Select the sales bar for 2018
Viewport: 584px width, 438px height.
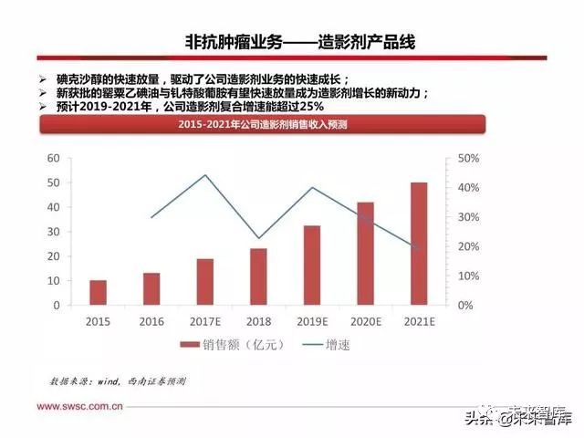[x=258, y=276]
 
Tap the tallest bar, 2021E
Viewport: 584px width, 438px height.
[x=419, y=244]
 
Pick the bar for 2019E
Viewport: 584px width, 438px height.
[x=312, y=265]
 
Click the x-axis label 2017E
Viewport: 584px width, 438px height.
[x=205, y=321]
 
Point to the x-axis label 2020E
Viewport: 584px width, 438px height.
[x=365, y=321]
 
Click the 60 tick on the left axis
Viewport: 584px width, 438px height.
[x=53, y=159]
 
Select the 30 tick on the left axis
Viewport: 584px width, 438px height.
[x=53, y=232]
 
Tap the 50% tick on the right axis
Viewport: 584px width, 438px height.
[x=468, y=159]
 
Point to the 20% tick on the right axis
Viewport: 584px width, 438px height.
[x=468, y=246]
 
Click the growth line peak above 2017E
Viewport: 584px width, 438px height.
[x=205, y=175]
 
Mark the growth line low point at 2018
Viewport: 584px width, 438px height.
[x=258, y=238]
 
